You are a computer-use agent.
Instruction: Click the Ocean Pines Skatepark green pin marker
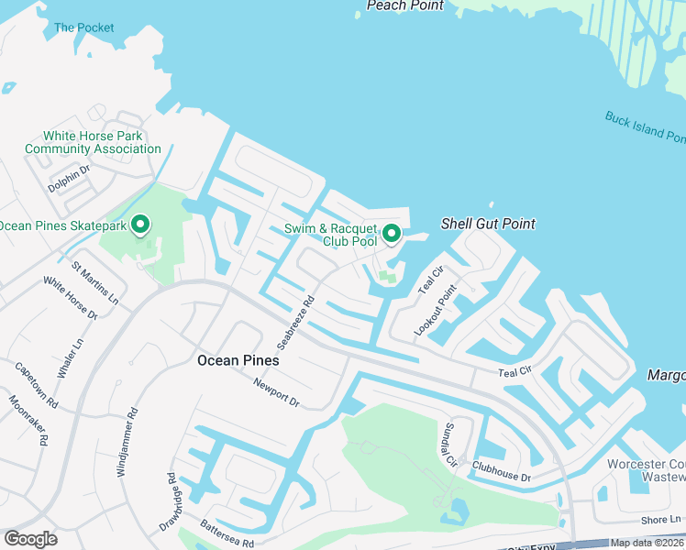coord(140,224)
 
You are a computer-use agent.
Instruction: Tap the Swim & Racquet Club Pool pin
coord(392,234)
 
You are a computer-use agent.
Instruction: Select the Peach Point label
coord(404,5)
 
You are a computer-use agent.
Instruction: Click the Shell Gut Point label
coord(488,224)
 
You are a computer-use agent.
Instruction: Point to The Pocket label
coord(84,27)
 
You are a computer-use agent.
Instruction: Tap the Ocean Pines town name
coord(238,360)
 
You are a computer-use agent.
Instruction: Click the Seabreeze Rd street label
coord(297,321)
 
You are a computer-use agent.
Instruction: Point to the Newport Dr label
coord(277,393)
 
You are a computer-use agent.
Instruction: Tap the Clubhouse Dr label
coord(502,472)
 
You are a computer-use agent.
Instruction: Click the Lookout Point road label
coord(435,310)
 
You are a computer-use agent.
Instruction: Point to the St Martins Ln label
coord(95,284)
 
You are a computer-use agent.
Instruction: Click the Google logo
coord(30,538)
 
